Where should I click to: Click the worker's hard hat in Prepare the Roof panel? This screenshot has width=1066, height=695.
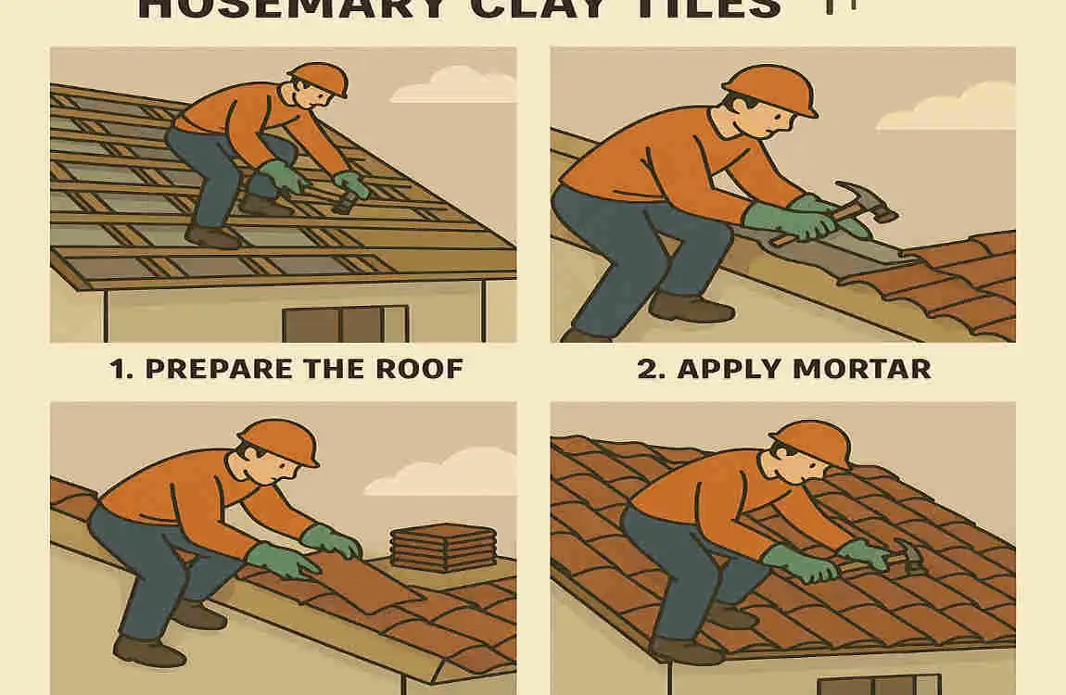click(x=318, y=79)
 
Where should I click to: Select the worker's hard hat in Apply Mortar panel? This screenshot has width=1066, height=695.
click(x=769, y=88)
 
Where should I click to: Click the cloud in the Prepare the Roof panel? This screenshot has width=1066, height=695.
click(x=454, y=85)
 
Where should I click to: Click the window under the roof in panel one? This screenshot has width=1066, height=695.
click(x=345, y=324)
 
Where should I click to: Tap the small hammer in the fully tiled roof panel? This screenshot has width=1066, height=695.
click(x=907, y=556)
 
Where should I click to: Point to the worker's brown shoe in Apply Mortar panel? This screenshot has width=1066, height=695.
click(x=691, y=307)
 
